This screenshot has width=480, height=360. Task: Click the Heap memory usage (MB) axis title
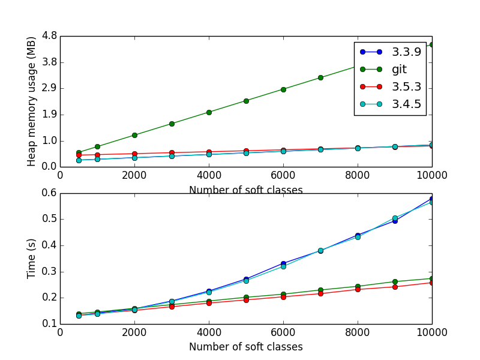pyautogui.click(x=32, y=101)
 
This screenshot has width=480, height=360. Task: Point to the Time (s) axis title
pyautogui.click(x=32, y=259)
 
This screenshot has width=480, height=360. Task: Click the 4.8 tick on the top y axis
pyautogui.click(x=49, y=36)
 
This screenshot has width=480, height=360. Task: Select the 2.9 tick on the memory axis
pyautogui.click(x=49, y=88)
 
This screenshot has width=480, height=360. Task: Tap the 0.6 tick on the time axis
pyautogui.click(x=49, y=193)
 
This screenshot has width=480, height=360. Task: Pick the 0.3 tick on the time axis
pyautogui.click(x=49, y=271)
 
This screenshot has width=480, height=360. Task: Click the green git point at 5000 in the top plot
pyautogui.click(x=246, y=101)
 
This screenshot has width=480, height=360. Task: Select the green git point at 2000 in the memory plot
pyautogui.click(x=134, y=135)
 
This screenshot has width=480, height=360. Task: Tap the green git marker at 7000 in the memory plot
pyautogui.click(x=320, y=77)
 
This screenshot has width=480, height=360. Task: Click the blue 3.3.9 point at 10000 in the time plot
pyautogui.click(x=432, y=199)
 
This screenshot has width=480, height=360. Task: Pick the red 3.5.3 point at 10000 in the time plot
pyautogui.click(x=432, y=282)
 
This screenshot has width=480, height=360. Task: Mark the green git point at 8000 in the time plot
pyautogui.click(x=358, y=286)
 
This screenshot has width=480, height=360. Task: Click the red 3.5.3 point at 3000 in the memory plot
pyautogui.click(x=172, y=153)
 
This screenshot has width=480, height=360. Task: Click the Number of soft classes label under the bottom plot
pyautogui.click(x=246, y=347)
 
